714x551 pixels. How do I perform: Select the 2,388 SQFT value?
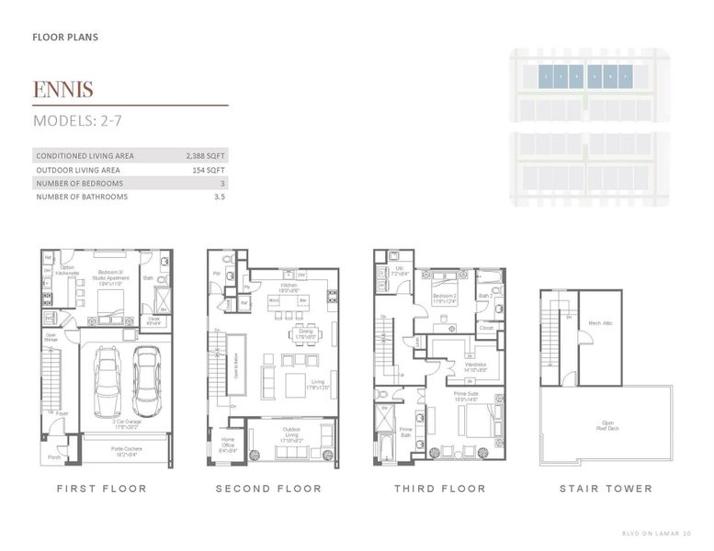tap(206, 156)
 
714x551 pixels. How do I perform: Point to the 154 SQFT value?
tap(209, 170)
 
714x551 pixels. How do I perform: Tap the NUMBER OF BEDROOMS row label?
tap(82, 184)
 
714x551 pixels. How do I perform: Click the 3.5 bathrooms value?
tap(219, 197)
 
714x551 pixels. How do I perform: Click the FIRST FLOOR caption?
tap(101, 489)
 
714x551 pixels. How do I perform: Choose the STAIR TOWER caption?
tap(606, 489)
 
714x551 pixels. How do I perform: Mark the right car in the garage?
tap(147, 381)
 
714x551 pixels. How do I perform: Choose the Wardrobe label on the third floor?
tap(475, 366)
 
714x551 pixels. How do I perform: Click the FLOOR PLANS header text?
tap(64, 38)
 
